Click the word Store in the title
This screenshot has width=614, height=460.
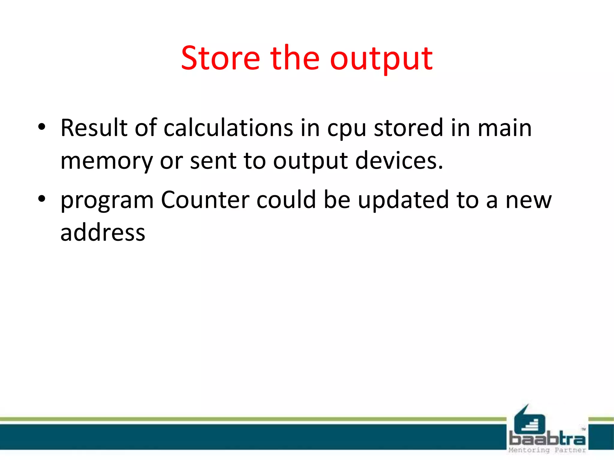tap(220, 58)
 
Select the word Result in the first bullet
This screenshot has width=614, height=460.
tap(94, 128)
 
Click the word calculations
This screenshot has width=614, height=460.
tap(228, 128)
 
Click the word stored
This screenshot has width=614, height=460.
tap(409, 128)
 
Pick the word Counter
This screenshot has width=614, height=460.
tap(205, 200)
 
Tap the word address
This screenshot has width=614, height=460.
tap(103, 233)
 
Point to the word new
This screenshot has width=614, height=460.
tap(529, 201)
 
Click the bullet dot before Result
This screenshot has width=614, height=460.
tap(42, 127)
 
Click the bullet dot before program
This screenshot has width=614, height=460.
tap(42, 199)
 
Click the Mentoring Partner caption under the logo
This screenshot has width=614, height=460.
tap(547, 450)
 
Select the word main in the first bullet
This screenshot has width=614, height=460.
tap(505, 128)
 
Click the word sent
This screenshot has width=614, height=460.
tap(213, 161)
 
